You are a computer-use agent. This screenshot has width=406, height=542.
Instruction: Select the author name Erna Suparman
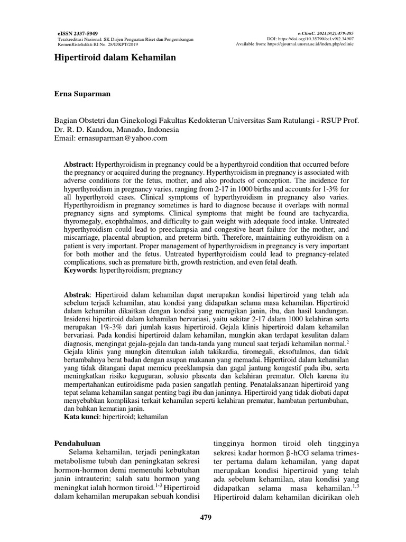point(83,94)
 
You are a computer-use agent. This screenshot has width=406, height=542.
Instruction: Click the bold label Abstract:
point(79,165)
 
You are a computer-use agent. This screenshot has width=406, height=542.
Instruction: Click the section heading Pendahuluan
point(78,442)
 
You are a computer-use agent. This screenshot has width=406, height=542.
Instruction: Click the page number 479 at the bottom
point(204,518)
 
